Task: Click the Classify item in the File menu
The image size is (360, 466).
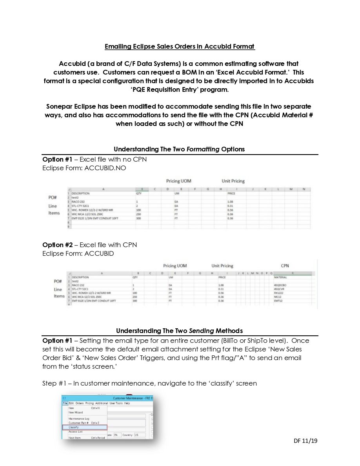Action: [74, 427]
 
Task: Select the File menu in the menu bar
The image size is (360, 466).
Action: [65, 403]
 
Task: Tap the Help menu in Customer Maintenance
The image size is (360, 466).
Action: [127, 403]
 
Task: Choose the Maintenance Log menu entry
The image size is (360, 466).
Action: [79, 419]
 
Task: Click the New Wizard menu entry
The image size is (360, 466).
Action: [76, 412]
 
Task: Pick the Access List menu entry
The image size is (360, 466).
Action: [75, 431]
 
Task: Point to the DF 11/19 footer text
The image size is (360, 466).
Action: [305, 441]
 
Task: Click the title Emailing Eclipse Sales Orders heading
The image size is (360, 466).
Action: [180, 47]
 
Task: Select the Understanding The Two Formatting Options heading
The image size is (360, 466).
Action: [179, 149]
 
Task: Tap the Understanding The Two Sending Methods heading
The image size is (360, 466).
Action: [179, 331]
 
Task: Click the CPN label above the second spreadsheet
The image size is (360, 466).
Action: [285, 266]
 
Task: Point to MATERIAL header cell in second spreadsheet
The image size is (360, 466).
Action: [280, 277]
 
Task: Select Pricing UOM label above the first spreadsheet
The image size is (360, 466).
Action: [178, 181]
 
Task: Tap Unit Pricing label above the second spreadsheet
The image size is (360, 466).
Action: [222, 266]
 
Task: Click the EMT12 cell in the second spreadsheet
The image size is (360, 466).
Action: [278, 301]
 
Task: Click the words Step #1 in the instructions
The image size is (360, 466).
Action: [54, 383]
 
